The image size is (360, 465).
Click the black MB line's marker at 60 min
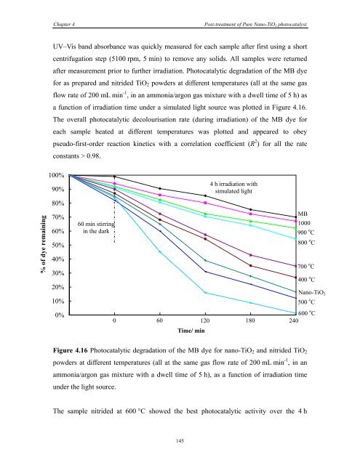pyautogui.click(x=160, y=189)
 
